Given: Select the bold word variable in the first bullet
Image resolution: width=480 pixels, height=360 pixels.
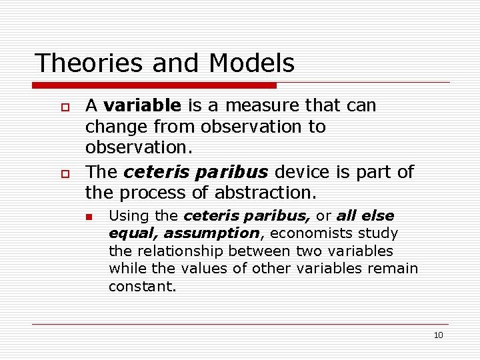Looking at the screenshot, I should [142, 105].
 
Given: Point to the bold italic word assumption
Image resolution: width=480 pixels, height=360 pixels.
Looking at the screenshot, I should [211, 233].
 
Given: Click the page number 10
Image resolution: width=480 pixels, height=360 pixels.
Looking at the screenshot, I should [438, 335].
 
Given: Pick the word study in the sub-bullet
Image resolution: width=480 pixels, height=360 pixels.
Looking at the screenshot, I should [380, 233].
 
